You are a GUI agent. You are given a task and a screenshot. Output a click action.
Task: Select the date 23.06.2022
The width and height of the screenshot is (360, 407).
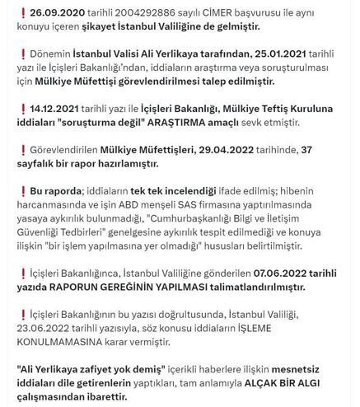[x=45, y=334]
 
